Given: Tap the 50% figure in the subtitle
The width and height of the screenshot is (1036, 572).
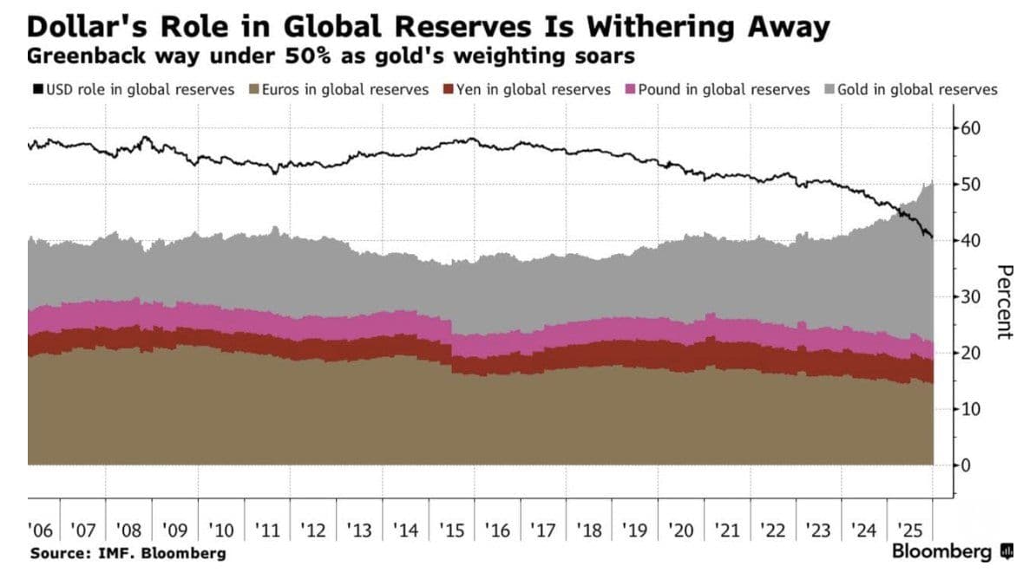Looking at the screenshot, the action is click(x=307, y=55).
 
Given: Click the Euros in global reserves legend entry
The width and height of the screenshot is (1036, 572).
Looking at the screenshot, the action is click(x=338, y=89).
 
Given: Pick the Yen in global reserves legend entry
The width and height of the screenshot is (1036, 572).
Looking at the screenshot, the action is click(x=527, y=89).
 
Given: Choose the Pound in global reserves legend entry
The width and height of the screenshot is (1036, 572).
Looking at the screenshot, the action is click(x=718, y=89).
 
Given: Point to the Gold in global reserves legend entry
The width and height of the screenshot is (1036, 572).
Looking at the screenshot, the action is click(x=911, y=89).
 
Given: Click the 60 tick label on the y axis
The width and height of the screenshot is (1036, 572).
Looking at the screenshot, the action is click(x=971, y=128).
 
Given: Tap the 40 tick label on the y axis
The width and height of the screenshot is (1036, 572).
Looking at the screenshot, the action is click(x=971, y=240).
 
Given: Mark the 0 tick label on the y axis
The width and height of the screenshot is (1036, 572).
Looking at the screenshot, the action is click(x=966, y=465).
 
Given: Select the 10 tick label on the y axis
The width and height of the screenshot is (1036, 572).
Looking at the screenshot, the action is click(x=971, y=409).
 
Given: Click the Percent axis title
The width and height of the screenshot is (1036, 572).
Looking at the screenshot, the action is click(x=1005, y=302).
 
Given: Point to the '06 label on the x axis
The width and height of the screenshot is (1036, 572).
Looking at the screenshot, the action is click(x=40, y=530).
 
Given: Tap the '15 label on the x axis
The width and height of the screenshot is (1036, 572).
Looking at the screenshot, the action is click(x=452, y=530).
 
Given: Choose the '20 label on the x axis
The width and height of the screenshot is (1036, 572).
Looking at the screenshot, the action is click(x=680, y=530).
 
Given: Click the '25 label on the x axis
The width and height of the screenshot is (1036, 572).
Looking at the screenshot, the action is click(x=910, y=530).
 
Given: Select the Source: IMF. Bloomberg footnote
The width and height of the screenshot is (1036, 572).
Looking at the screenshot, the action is click(x=128, y=554).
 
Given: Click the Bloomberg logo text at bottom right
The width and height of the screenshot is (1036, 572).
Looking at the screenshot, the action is click(x=942, y=551).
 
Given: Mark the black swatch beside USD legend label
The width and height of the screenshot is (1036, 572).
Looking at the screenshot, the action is click(x=37, y=88).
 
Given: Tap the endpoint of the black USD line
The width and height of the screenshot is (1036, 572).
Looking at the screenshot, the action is click(x=932, y=237).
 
